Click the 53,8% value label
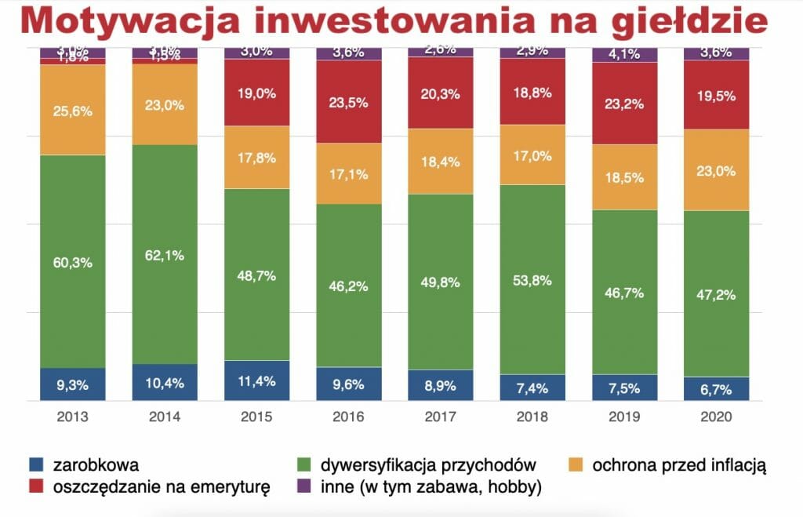pos(533,280)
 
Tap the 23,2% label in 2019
pos(625,102)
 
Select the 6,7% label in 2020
pos(717,389)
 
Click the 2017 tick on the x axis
pos(441,417)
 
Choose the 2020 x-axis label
pos(717,417)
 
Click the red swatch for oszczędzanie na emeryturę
pos(35,487)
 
